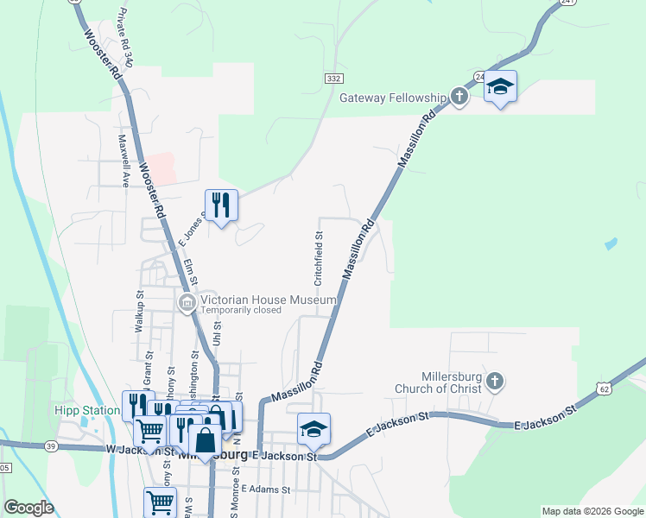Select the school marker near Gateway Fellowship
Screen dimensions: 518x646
[x=500, y=86]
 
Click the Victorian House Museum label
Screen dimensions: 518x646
[x=268, y=300]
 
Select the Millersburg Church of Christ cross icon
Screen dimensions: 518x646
[x=494, y=381]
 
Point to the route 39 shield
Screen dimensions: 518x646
[x=50, y=445]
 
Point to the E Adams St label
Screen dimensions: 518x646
[x=267, y=489]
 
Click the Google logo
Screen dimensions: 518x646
[x=28, y=508]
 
